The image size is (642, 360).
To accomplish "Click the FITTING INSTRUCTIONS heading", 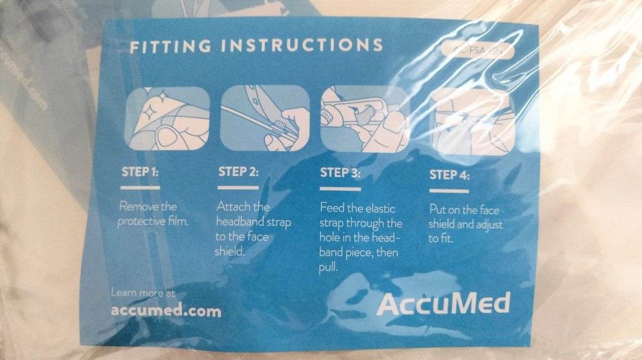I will point(256,46).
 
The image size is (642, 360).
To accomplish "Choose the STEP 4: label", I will point(449,175).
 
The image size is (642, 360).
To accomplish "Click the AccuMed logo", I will point(443,302).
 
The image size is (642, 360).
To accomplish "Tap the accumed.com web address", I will point(166,311).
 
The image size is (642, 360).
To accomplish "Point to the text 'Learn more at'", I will point(143,293).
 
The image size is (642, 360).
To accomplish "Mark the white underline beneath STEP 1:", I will point(140,187).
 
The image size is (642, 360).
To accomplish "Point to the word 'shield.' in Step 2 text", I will point(230,251).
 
